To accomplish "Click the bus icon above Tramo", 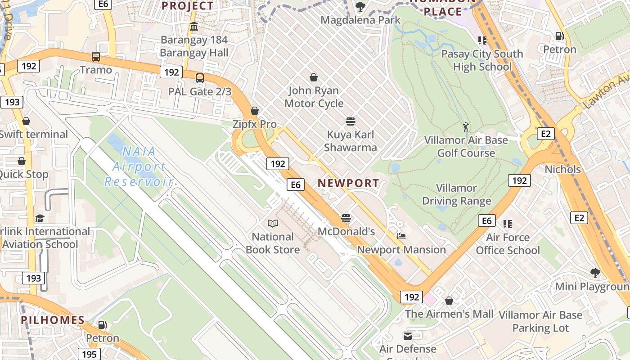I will tap(95, 57).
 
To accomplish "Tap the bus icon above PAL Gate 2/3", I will tap(200, 78).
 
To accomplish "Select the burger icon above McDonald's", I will tap(346, 218).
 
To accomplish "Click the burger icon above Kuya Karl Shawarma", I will tap(351, 121).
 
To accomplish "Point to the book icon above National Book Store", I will tap(272, 223).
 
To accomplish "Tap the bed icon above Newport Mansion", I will tap(401, 236).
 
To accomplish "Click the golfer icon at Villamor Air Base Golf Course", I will tap(466, 127).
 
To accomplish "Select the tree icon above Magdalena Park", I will tap(360, 7).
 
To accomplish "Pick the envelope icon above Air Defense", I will tap(408, 336).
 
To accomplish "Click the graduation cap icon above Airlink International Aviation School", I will tap(40, 218).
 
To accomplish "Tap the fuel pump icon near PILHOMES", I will tap(103, 325).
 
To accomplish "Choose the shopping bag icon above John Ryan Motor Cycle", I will tap(314, 77).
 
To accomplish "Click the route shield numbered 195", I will tap(89, 354).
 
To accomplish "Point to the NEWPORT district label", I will tap(348, 183).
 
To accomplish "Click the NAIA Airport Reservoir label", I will tap(139, 166).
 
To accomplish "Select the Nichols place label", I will tap(562, 170).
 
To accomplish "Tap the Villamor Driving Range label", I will tap(456, 194).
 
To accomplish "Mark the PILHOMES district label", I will tap(53, 320).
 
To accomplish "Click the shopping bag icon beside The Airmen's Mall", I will tap(449, 301).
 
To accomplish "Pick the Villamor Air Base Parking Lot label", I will tap(540, 322).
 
